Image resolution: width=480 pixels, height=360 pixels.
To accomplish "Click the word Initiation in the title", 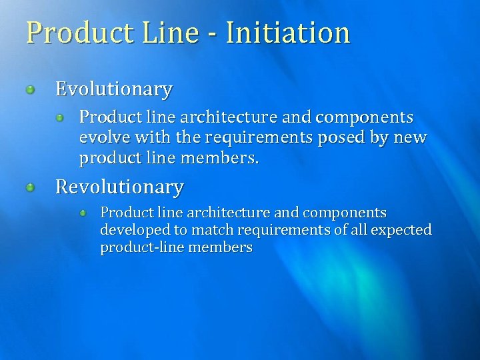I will [x=288, y=33].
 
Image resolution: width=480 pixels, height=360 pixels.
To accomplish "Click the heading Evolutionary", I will [x=114, y=89].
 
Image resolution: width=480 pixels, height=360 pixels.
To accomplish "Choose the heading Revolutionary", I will [x=119, y=187].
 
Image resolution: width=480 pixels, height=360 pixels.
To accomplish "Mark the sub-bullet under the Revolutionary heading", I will [x=83, y=213].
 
